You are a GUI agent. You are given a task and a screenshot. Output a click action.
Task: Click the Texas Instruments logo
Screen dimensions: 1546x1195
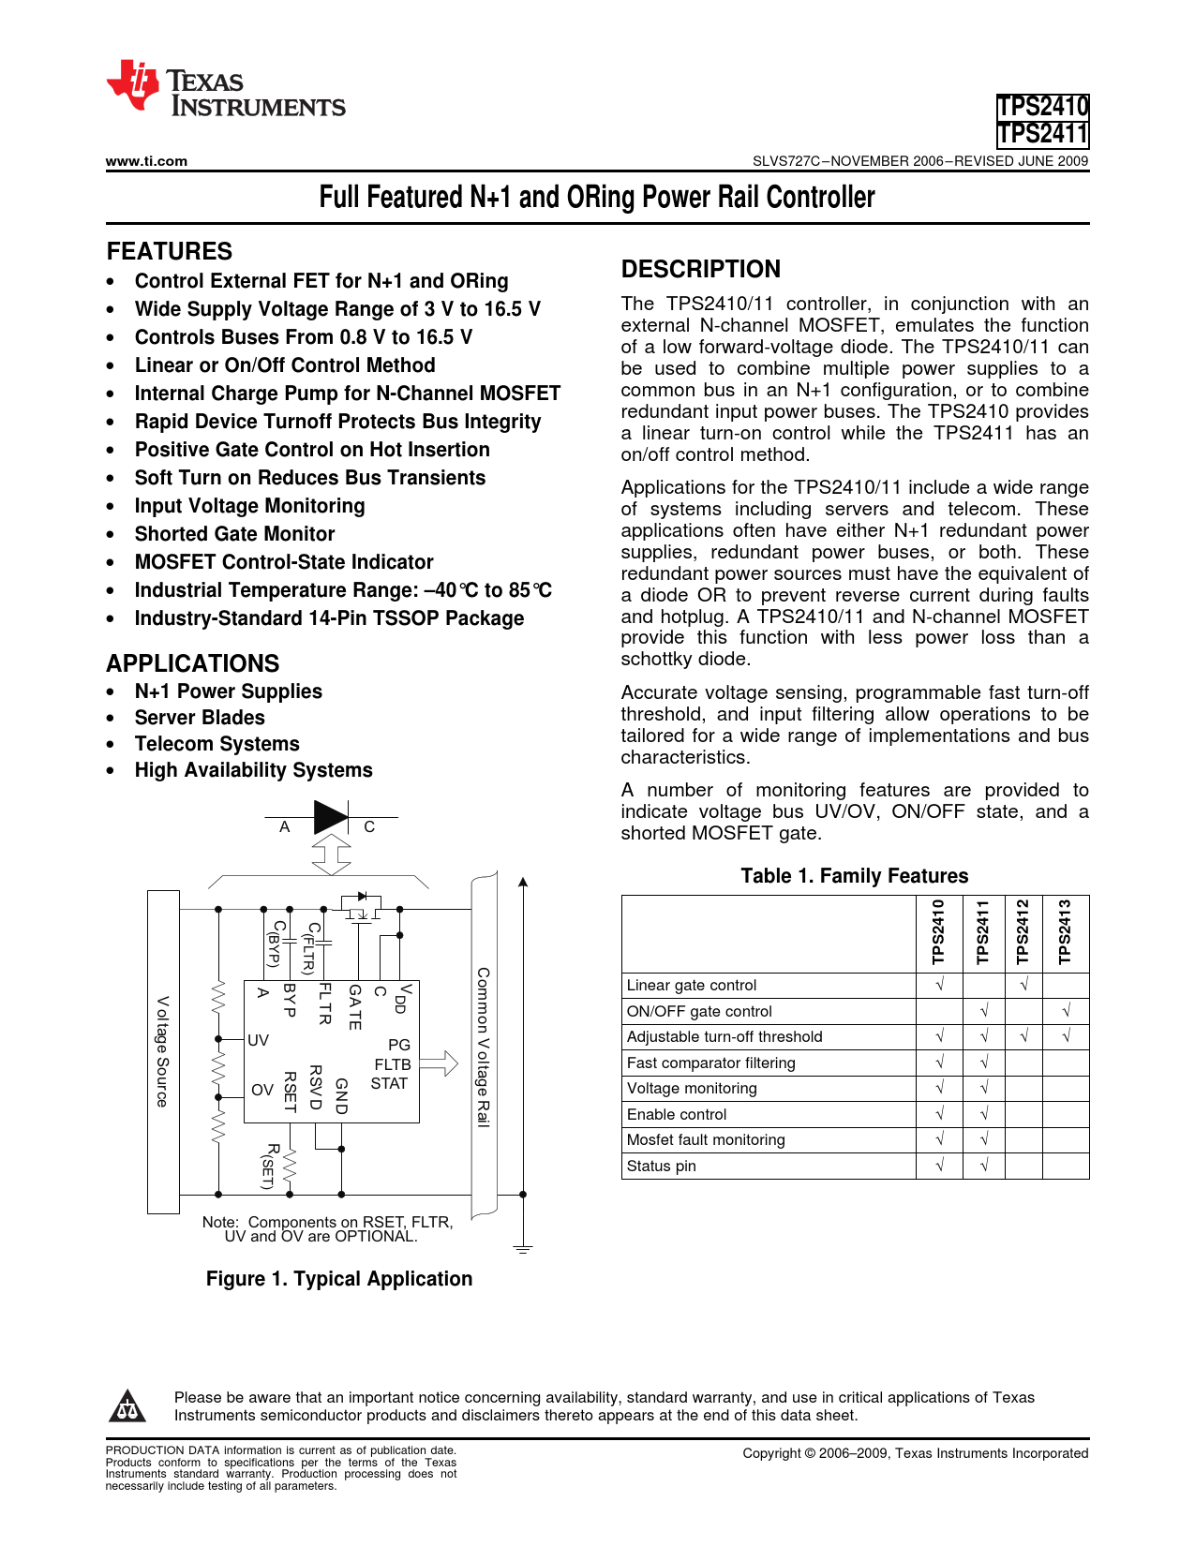coord(225,89)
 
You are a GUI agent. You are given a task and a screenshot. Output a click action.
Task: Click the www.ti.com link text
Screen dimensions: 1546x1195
coord(146,161)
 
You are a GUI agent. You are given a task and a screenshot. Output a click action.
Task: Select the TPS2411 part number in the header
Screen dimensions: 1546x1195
coord(1042,135)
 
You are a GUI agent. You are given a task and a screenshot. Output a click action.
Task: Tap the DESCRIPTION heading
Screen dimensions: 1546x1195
coord(700,269)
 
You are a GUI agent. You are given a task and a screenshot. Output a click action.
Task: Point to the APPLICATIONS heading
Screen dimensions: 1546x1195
coord(192,663)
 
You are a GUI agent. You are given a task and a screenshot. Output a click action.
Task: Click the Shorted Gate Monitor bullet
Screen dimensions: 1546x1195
coord(234,534)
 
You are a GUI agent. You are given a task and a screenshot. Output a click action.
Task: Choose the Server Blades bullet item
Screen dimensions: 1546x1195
coord(200,718)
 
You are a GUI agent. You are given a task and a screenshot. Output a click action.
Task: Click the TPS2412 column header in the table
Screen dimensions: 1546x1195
coord(1023,932)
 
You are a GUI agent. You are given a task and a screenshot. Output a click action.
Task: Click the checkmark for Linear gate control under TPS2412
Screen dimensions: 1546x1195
coord(1023,985)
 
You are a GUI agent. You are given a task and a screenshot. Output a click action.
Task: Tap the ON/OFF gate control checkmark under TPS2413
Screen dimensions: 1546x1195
coord(1066,1011)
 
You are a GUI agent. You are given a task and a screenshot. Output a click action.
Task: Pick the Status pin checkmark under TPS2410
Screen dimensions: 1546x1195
coord(939,1166)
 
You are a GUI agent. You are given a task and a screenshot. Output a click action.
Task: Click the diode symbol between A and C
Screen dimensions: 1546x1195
coord(330,817)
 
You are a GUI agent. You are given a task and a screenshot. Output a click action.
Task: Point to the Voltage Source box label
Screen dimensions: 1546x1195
coord(162,1051)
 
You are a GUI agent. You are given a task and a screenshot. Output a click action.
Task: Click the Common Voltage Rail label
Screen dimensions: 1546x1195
coord(483,1047)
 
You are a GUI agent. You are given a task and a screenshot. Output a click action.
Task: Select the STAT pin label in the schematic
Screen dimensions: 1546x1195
coord(389,1084)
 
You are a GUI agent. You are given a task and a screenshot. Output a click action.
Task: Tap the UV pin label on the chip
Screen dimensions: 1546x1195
coord(258,1040)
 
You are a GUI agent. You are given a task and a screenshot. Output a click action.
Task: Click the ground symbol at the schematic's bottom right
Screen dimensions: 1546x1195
coord(523,1249)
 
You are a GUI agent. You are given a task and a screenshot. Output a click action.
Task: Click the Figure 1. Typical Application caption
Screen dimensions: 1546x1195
coord(339,1279)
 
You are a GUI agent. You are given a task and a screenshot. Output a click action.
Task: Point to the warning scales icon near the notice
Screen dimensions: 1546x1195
coord(126,1406)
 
